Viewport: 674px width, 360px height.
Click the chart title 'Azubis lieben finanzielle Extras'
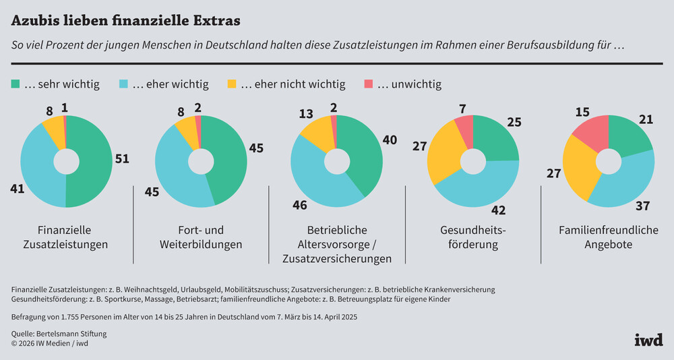tap(125, 20)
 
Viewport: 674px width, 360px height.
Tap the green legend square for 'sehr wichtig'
tap(16, 84)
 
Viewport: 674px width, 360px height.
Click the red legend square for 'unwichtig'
tap(367, 84)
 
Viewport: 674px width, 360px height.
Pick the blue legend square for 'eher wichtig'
tap(124, 84)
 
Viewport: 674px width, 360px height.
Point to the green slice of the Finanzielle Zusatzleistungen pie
tap(91, 162)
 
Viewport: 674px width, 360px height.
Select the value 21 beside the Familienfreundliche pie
tap(646, 119)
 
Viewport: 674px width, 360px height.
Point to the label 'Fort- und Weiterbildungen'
tap(201, 237)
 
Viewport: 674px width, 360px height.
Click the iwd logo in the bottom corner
tap(648, 339)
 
